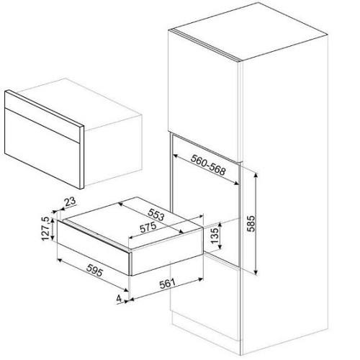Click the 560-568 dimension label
[208, 165]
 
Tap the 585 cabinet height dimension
[252, 223]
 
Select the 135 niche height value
[215, 235]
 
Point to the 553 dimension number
[156, 215]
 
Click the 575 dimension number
[148, 228]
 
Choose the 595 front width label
[95, 270]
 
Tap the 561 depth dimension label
[168, 284]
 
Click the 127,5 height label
[46, 228]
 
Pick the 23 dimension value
[71, 202]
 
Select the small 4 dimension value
[119, 299]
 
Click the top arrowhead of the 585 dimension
[256, 175]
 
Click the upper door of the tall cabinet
[204, 96]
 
